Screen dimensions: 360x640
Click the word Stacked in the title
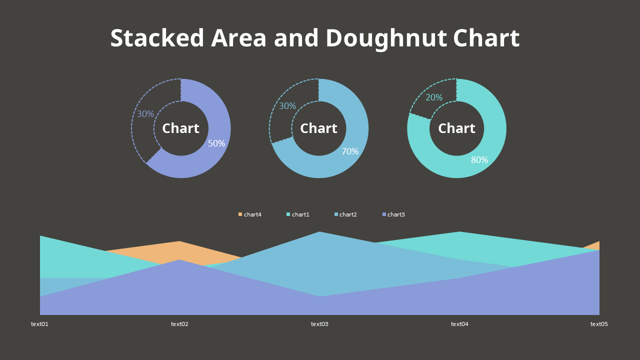click(x=157, y=38)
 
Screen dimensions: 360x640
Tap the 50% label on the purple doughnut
click(x=216, y=143)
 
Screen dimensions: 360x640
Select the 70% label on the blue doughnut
click(x=350, y=151)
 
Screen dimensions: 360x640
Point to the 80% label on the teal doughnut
click(x=479, y=160)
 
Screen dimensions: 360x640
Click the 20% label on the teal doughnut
click(x=434, y=98)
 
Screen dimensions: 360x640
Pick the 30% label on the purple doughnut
click(x=145, y=114)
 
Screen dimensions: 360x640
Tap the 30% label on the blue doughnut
click(x=287, y=106)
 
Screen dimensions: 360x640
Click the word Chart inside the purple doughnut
click(x=180, y=128)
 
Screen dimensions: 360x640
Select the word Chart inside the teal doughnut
click(x=456, y=128)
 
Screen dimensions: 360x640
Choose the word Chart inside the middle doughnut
click(x=318, y=128)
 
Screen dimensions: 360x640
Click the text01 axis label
click(x=40, y=324)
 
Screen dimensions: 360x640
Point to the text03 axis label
click(x=319, y=324)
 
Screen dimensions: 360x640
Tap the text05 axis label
click(x=599, y=324)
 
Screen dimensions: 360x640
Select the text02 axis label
click(x=179, y=324)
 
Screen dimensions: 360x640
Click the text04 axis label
click(x=459, y=324)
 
